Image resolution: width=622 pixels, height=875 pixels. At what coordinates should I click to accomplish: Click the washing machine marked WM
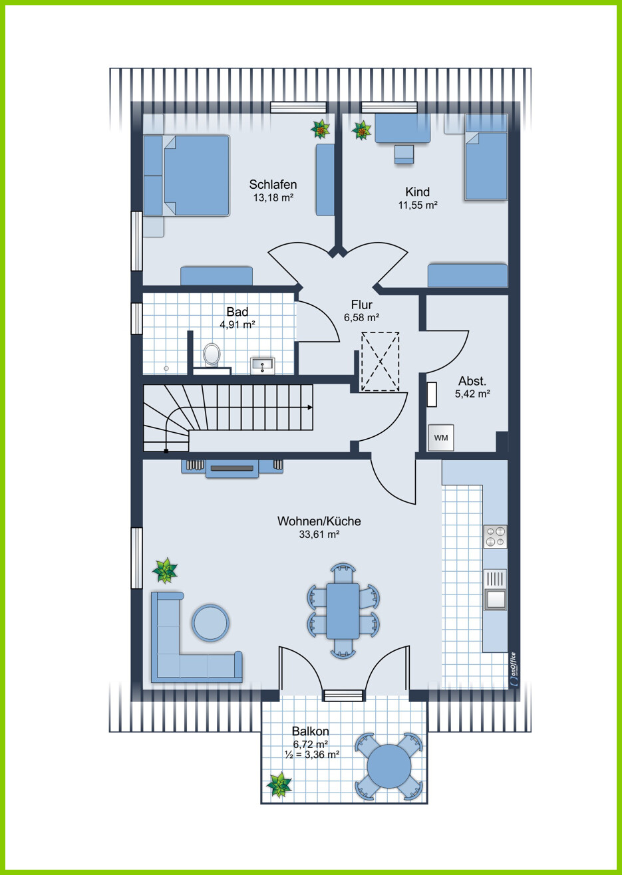pos(440,437)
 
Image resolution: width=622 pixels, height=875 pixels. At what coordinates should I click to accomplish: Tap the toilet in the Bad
pos(212,354)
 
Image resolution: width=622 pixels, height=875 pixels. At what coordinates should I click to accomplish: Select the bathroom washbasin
pos(262,365)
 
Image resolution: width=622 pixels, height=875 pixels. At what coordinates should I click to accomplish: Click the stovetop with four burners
pos(495,537)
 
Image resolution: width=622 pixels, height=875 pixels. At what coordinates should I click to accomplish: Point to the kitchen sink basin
pos(495,599)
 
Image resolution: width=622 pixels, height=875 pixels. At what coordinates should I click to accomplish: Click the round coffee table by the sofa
pos(210,622)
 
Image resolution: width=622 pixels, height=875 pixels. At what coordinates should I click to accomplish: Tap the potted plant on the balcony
pos(279,784)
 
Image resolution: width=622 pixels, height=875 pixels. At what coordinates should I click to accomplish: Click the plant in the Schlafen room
pos(321,129)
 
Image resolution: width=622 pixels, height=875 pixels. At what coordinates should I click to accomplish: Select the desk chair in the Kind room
pos(404,154)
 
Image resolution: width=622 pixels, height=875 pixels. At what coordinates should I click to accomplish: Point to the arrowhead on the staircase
pos(310,408)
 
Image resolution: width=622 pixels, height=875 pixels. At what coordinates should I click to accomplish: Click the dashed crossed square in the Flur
pos(380,361)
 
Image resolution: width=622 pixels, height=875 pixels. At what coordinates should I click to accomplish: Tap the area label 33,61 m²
pos(319,534)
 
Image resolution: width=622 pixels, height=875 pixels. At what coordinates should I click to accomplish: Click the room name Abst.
pos(472,380)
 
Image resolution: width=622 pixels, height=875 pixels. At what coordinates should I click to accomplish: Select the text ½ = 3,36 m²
pos(311,754)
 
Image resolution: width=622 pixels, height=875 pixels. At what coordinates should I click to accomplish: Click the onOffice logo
pos(514,669)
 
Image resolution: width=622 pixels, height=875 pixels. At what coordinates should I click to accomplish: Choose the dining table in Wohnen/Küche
pos(343,612)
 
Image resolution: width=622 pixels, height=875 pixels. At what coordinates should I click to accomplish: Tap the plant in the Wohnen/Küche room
pos(164,570)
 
